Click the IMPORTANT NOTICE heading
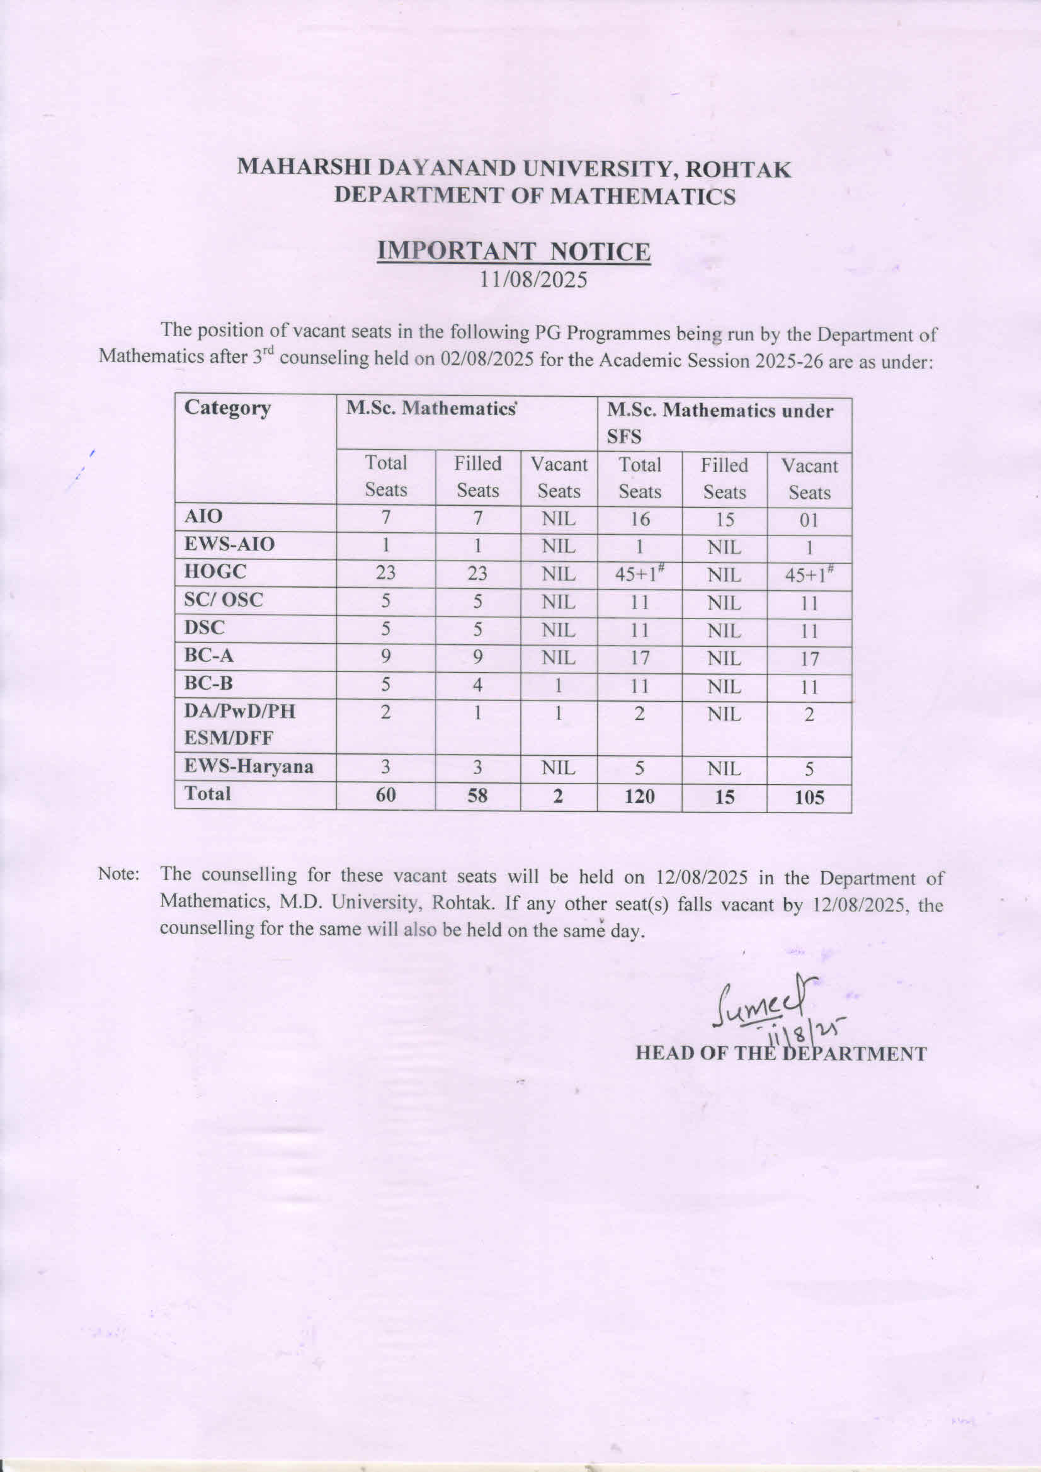(x=513, y=251)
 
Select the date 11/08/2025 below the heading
(x=534, y=280)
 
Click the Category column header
(x=227, y=408)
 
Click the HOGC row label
(x=215, y=571)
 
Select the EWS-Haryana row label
(x=249, y=767)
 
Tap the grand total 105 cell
(x=809, y=798)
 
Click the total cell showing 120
(x=639, y=797)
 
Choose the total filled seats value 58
(x=477, y=796)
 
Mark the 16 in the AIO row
(x=639, y=518)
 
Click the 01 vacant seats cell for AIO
(x=809, y=520)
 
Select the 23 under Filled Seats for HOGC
(x=477, y=573)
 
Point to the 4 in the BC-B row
(x=477, y=685)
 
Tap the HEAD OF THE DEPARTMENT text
(x=780, y=1054)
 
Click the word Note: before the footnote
(x=118, y=874)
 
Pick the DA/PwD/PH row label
(x=240, y=711)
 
